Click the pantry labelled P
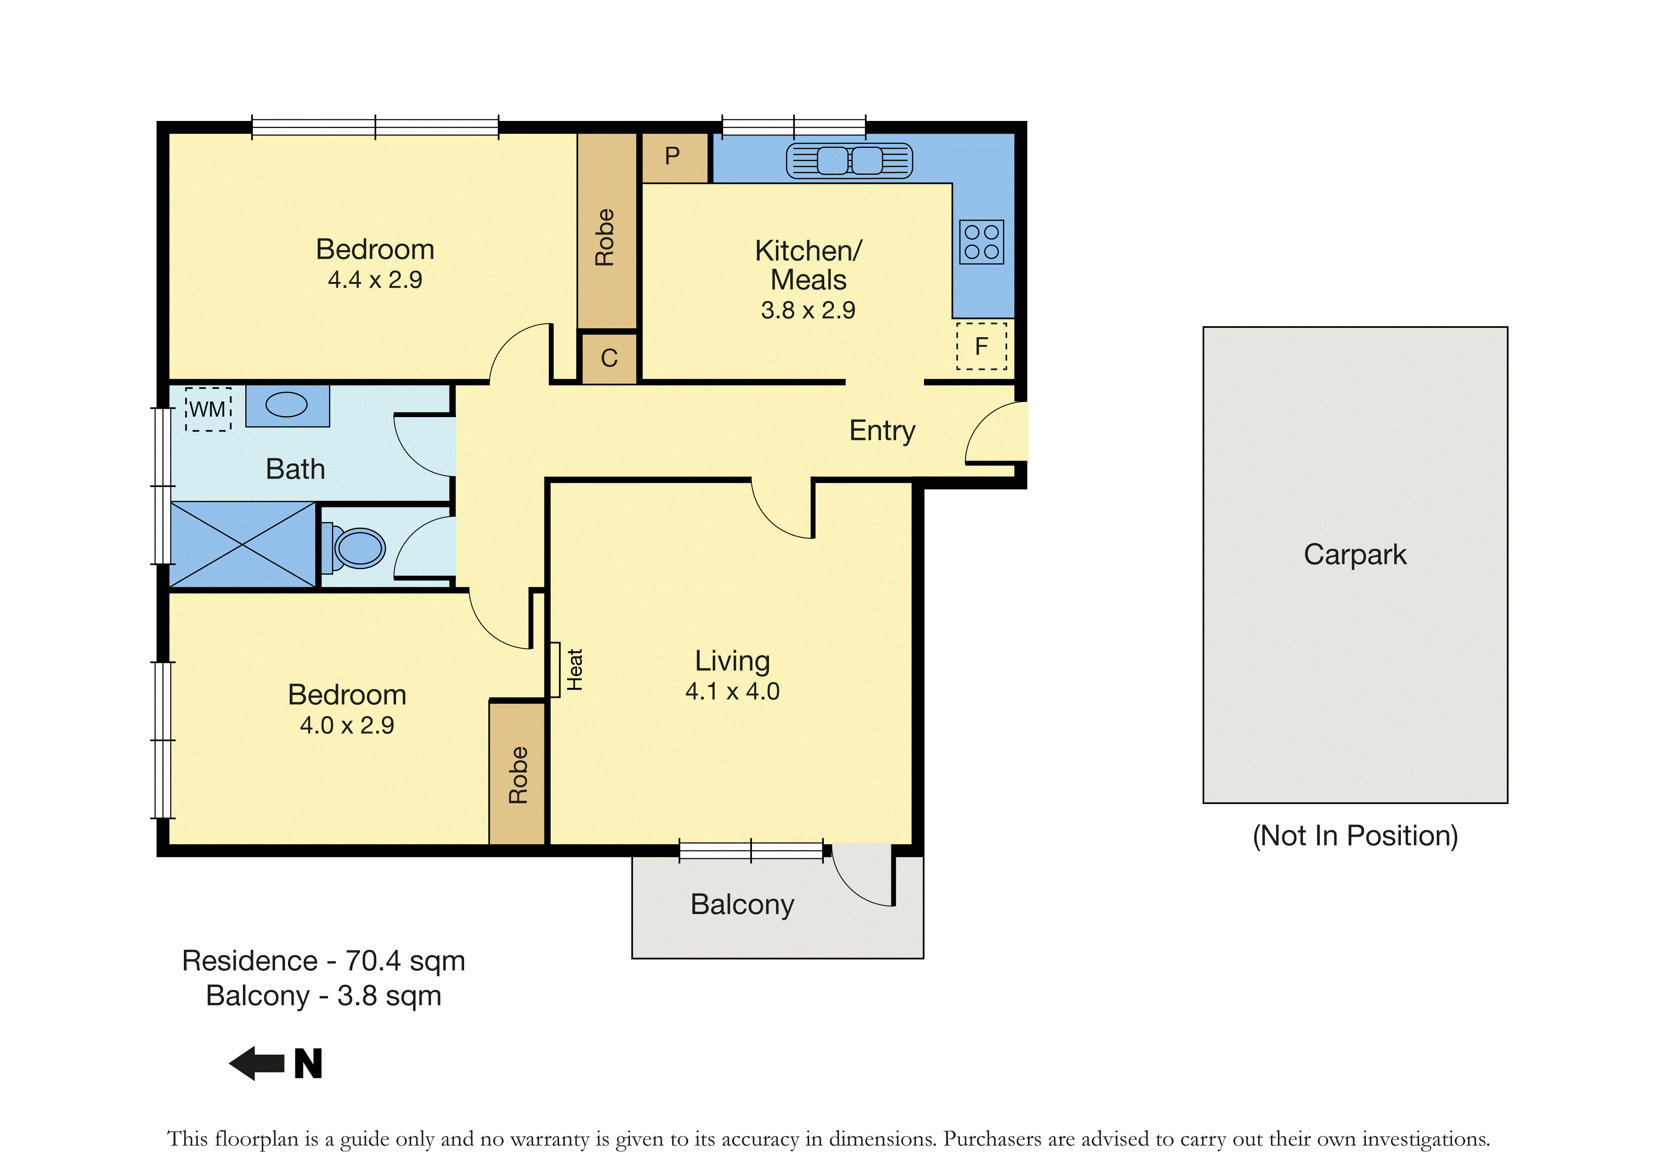pyautogui.click(x=674, y=157)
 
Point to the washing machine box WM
pyautogui.click(x=208, y=409)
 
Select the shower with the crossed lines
pyautogui.click(x=242, y=545)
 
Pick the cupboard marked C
pyautogui.click(x=610, y=358)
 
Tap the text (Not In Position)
pyautogui.click(x=1356, y=836)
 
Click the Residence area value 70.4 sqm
pyautogui.click(x=405, y=961)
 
